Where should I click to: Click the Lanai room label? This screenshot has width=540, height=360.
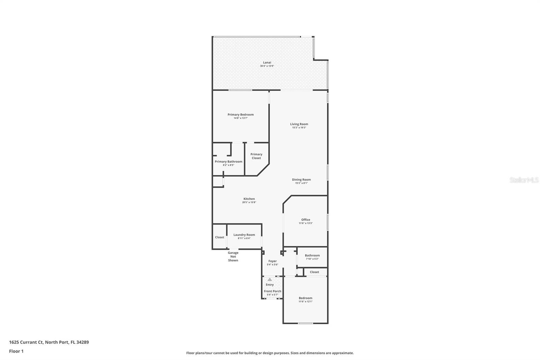click(x=267, y=62)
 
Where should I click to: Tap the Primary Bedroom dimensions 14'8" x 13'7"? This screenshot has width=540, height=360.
click(x=241, y=118)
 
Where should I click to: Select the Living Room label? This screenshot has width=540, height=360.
click(x=299, y=124)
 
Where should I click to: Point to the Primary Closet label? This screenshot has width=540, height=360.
click(x=256, y=156)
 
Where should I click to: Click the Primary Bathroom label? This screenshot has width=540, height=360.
click(x=228, y=161)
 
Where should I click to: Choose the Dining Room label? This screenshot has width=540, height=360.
click(x=301, y=180)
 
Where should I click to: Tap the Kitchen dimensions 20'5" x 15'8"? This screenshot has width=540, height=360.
click(x=249, y=202)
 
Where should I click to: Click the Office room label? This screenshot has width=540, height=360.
click(x=306, y=220)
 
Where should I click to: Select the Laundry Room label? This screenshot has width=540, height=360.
click(x=244, y=235)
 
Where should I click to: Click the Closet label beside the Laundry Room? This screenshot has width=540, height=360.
click(x=220, y=237)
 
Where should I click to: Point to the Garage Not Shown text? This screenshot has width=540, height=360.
click(x=233, y=256)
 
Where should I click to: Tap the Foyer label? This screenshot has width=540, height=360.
click(x=272, y=261)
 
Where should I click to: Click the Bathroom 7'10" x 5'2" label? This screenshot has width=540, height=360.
click(x=312, y=255)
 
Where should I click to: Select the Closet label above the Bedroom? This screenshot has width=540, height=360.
click(x=314, y=272)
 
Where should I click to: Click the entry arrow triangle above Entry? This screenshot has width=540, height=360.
click(x=270, y=280)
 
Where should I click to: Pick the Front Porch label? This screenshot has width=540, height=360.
click(x=272, y=291)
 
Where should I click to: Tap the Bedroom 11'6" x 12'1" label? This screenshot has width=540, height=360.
click(x=305, y=298)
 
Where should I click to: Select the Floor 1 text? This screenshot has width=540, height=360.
click(x=16, y=351)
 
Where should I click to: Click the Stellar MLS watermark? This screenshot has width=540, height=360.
click(x=524, y=180)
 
